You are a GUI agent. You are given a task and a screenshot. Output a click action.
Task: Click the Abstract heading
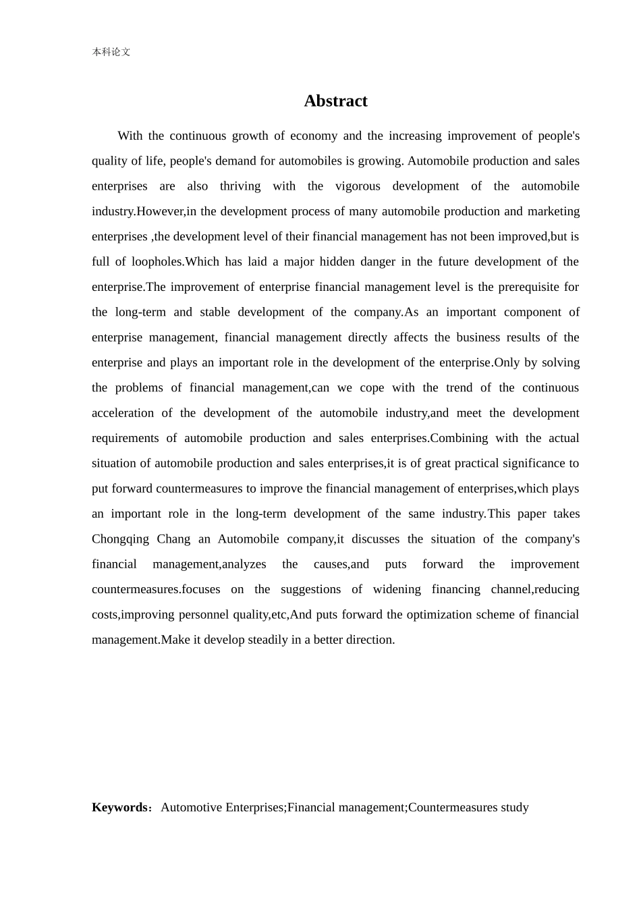(x=335, y=101)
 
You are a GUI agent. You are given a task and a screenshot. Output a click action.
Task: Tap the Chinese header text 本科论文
(x=111, y=52)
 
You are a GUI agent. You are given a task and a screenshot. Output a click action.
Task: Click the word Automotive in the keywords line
(x=192, y=808)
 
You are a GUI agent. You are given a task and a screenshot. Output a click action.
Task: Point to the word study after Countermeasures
(x=515, y=808)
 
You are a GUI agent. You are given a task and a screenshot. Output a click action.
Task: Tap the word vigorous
(x=358, y=186)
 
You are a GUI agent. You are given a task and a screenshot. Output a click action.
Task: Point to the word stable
(x=215, y=312)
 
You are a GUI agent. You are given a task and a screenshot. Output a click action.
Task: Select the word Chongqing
(x=120, y=539)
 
